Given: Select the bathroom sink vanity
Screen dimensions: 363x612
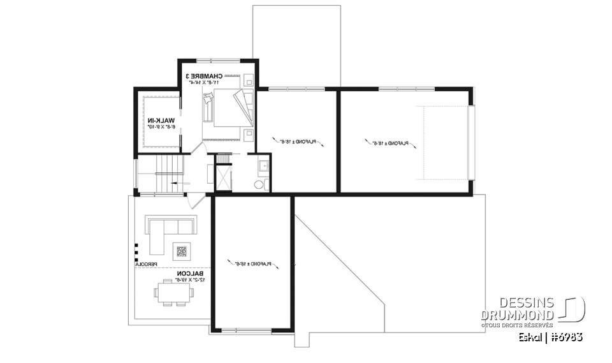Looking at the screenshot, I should (x=263, y=167).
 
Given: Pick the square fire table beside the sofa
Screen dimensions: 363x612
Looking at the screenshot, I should (x=182, y=251).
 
